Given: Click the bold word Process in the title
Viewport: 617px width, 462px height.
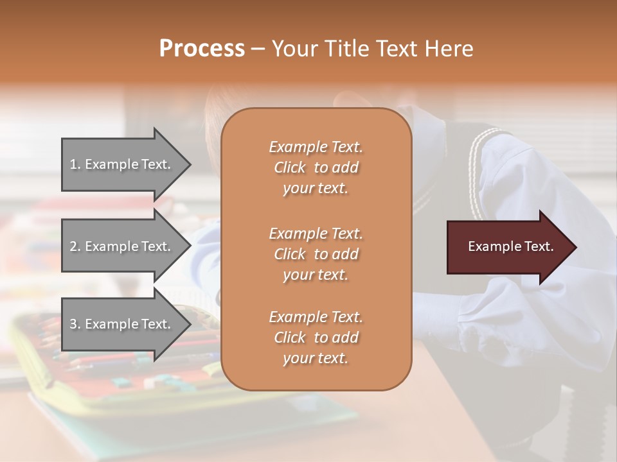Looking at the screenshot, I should tap(202, 49).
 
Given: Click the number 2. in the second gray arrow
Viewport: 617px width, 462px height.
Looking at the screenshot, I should tap(75, 246).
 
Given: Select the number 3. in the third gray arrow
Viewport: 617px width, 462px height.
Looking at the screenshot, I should tap(75, 324).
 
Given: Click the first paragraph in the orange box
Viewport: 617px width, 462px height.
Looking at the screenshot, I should tap(316, 167).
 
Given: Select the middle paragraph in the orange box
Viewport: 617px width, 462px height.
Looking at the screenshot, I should tap(316, 254).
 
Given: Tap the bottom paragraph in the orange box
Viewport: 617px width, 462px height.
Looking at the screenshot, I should tap(316, 338).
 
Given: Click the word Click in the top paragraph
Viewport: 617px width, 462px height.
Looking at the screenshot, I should tap(290, 167).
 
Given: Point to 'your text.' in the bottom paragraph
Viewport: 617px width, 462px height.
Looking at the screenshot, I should tap(316, 358).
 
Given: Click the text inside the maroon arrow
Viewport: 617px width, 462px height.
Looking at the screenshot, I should tap(510, 246).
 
